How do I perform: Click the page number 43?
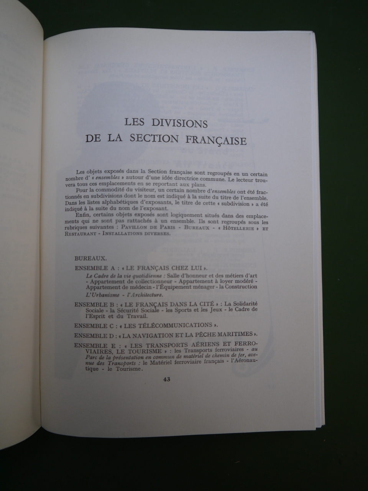[x=167, y=379]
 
